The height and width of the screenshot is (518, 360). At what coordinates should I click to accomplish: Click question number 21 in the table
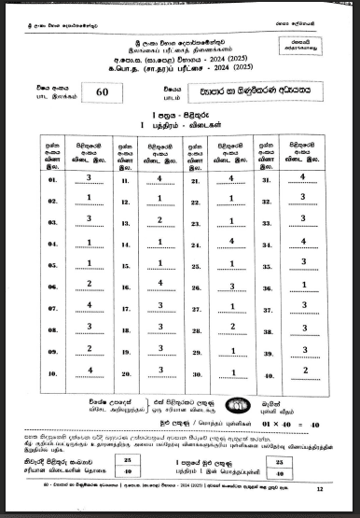(197, 179)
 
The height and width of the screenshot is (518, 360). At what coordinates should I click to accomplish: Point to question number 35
(267, 264)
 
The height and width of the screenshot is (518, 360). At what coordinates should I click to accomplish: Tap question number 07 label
(52, 307)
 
